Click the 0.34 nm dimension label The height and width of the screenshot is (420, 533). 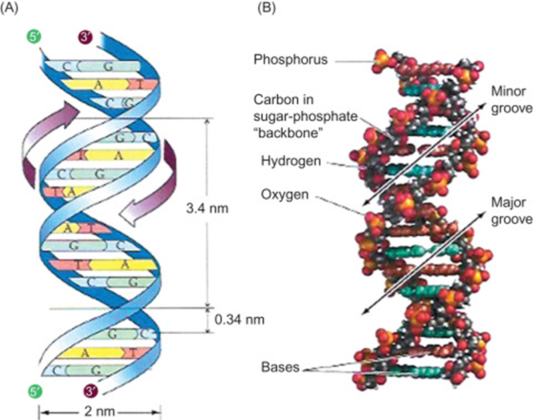(x=240, y=319)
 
